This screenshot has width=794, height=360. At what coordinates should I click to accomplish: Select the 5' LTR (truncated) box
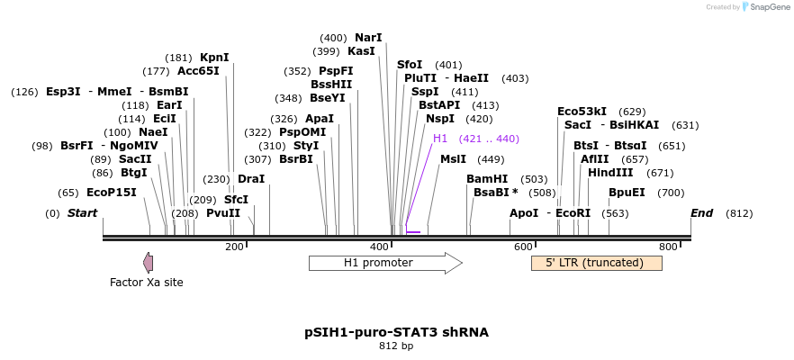pos(596,263)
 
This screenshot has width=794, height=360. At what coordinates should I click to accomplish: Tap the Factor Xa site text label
pos(146,283)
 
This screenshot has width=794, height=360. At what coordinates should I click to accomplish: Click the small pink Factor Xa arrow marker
pos(148,262)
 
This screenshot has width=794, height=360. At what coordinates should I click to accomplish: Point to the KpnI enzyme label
pos(214,58)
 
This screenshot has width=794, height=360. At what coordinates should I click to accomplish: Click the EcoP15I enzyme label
pos(112,193)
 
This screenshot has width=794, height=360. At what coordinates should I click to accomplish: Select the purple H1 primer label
pos(440,139)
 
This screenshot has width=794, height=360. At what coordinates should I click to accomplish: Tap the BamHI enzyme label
pos(487,179)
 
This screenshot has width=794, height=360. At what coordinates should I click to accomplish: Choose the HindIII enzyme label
pos(610,173)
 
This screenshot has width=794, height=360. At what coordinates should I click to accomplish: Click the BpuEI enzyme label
pos(627,193)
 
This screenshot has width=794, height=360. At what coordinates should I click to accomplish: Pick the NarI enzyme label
pos(368,38)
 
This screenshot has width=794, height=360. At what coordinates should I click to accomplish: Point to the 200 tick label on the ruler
pos(234,247)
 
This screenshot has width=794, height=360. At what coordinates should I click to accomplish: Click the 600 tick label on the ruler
pos(523,247)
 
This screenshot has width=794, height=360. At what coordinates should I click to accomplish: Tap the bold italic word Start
pos(82,213)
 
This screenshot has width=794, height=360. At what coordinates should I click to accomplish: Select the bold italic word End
pos(701,213)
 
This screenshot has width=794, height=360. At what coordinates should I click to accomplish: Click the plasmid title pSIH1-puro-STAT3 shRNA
pos(396,332)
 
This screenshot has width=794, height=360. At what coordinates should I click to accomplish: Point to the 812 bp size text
pos(396,346)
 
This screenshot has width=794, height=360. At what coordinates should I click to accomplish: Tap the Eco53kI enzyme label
pos(582,112)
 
